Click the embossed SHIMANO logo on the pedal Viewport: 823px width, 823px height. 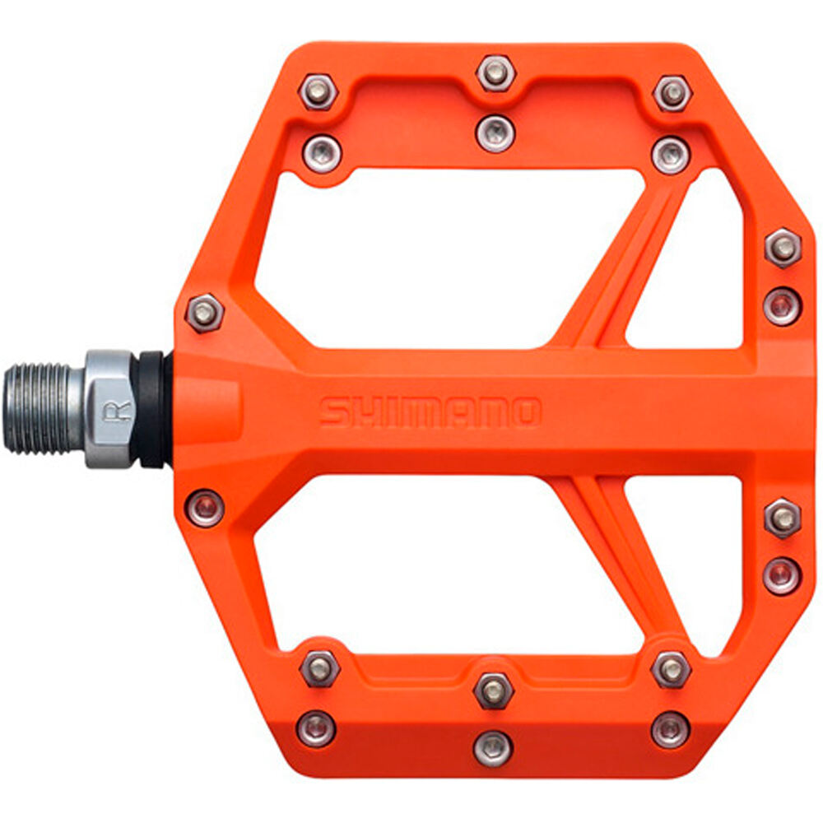pyautogui.click(x=430, y=412)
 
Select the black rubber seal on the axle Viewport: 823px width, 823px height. pyautogui.click(x=152, y=409)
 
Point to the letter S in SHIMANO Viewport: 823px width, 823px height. pyautogui.click(x=332, y=412)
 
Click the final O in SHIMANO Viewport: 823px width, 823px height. pyautogui.click(x=525, y=412)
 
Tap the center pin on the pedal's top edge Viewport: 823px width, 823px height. pyautogui.click(x=495, y=74)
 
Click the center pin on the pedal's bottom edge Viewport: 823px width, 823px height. pyautogui.click(x=494, y=747)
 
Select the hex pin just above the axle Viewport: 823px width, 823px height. pyautogui.click(x=203, y=312)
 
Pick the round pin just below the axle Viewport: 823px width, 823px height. pyautogui.click(x=205, y=507)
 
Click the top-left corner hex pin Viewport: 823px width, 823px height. pyautogui.click(x=319, y=91)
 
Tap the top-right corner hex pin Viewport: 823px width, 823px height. pyautogui.click(x=672, y=93)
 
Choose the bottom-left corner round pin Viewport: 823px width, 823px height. pyautogui.click(x=317, y=728)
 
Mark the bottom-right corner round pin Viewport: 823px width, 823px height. pyautogui.click(x=670, y=728)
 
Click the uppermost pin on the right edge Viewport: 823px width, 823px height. pyautogui.click(x=782, y=247)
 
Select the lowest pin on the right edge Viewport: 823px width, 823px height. pyautogui.click(x=780, y=574)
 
